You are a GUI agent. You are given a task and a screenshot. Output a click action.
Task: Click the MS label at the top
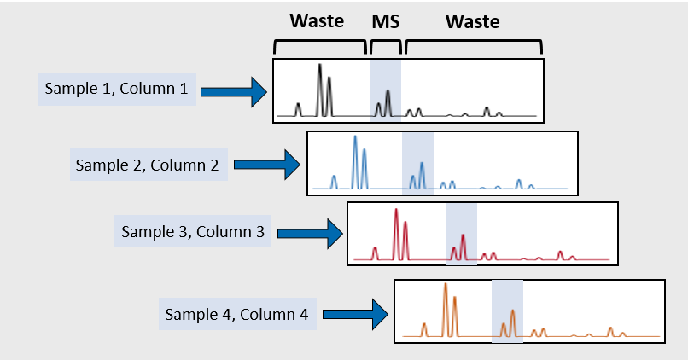[x=386, y=21]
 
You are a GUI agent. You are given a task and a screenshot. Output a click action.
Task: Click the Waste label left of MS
[x=317, y=20]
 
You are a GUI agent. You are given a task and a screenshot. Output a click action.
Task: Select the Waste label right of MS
[x=473, y=21]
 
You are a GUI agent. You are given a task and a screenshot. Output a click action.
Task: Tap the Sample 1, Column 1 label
[x=116, y=89]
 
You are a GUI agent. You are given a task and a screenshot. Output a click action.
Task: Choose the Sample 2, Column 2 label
[x=147, y=165]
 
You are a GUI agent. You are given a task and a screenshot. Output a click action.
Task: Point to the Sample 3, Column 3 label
[x=193, y=231]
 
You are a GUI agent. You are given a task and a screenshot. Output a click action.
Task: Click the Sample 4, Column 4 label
[x=236, y=315]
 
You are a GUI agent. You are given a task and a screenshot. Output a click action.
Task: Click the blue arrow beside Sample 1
[x=234, y=91]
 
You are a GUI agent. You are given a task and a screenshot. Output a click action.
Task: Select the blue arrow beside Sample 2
[x=267, y=165]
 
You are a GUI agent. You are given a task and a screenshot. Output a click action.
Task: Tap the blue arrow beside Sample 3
[x=310, y=234]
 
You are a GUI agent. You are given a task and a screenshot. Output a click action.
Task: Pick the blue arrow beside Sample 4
[x=355, y=315]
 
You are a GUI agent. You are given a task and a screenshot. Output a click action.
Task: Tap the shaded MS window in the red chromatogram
[x=461, y=235]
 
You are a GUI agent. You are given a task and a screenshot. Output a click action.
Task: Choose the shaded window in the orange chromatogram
[x=507, y=311]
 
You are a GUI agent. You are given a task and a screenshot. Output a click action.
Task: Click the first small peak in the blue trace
[x=334, y=182]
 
